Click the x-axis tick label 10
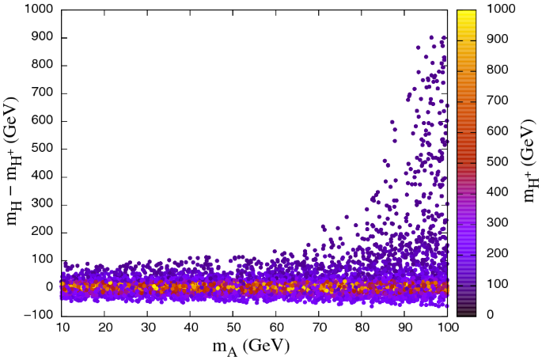(62, 326)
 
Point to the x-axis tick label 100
(446, 326)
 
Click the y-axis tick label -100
(37, 314)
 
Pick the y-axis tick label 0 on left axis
(49, 286)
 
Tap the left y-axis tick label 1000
(37, 9)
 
